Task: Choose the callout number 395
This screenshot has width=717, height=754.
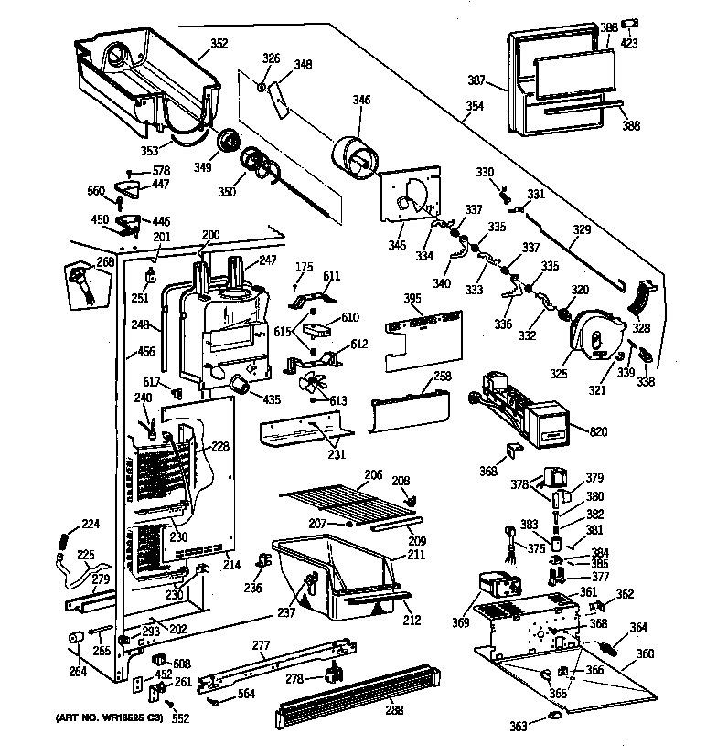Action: tap(413, 300)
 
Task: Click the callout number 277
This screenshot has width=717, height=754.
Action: tap(262, 646)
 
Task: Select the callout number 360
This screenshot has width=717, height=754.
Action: tap(646, 653)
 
